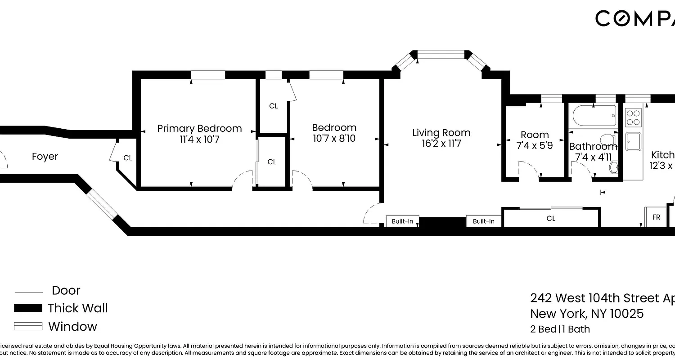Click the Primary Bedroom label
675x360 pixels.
pyautogui.click(x=199, y=129)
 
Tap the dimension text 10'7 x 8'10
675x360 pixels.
pyautogui.click(x=334, y=139)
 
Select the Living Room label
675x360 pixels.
pyautogui.click(x=441, y=133)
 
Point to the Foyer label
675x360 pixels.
pyautogui.click(x=45, y=157)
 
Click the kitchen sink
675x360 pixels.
pyautogui.click(x=634, y=141)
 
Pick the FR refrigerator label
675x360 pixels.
pyautogui.click(x=656, y=217)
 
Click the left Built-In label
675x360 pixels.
pyautogui.click(x=402, y=221)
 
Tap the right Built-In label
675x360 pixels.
pyautogui.click(x=483, y=221)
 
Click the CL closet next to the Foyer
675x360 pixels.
pyautogui.click(x=127, y=158)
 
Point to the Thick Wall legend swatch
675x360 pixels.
pyautogui.click(x=28, y=308)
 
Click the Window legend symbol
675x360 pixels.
pyautogui.click(x=28, y=326)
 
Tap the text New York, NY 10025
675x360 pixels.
pyautogui.click(x=587, y=314)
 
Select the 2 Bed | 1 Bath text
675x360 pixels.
pyautogui.click(x=560, y=329)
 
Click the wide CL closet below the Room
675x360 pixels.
pyautogui.click(x=551, y=219)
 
